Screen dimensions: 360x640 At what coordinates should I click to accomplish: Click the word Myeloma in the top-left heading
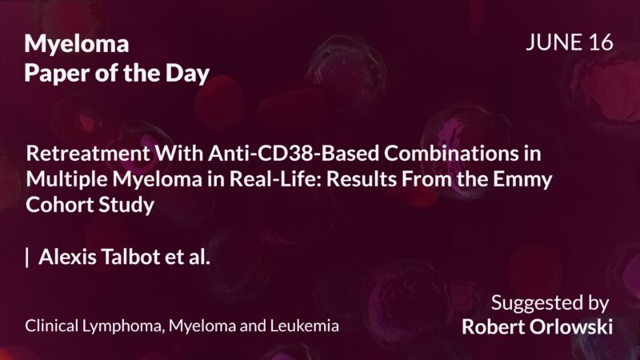(x=77, y=46)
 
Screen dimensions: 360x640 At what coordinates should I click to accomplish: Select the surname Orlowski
(x=570, y=327)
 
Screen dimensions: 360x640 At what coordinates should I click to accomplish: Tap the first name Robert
(x=492, y=327)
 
